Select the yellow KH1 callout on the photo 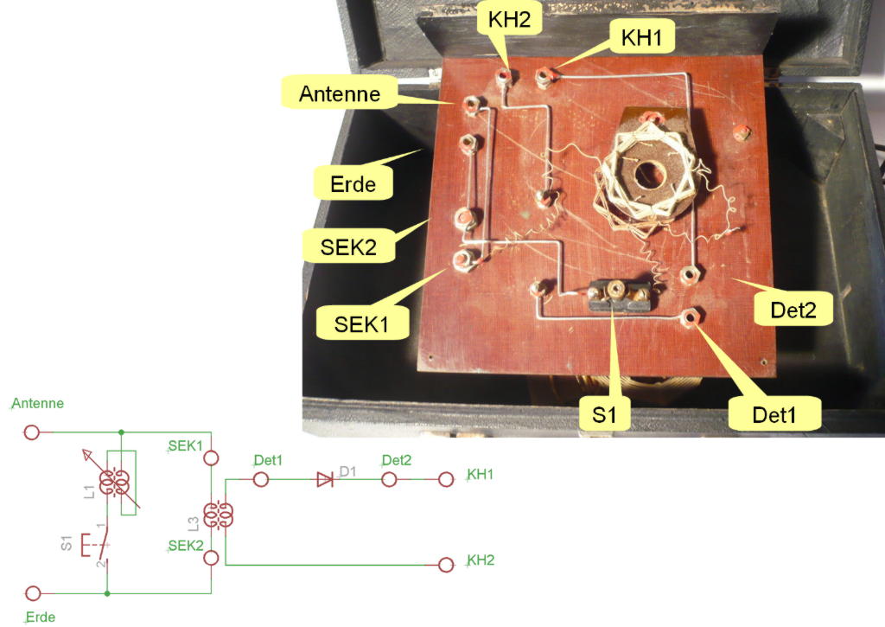(643, 37)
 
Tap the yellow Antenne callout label (340, 93)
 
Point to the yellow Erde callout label (353, 183)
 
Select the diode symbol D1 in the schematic (325, 479)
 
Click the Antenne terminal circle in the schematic (32, 432)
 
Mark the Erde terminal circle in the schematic (33, 593)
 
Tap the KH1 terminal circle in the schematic (446, 479)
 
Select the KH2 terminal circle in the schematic (446, 565)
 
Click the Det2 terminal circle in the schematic (391, 479)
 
